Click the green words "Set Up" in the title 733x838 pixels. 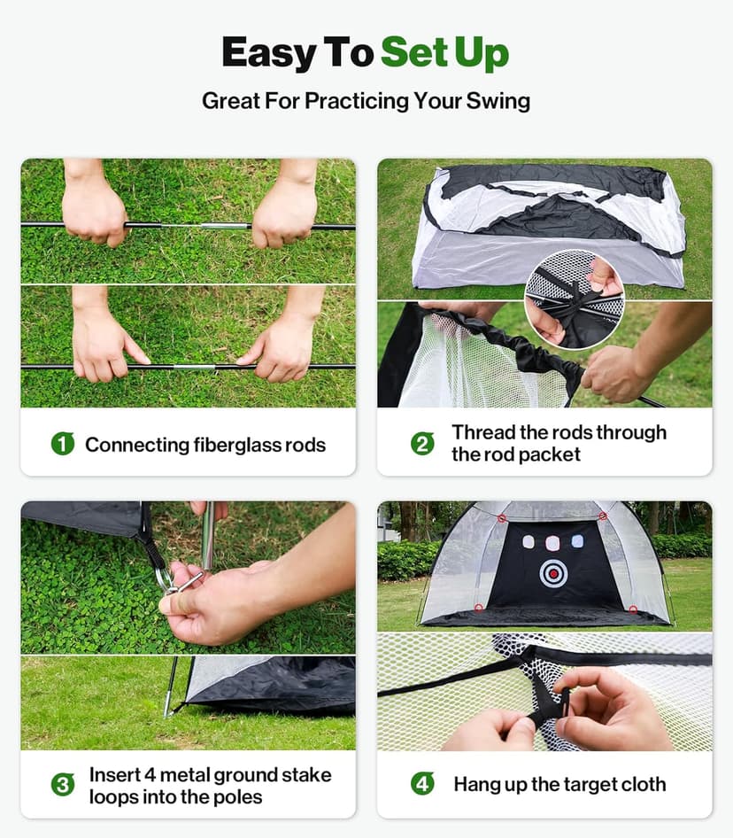point(444,53)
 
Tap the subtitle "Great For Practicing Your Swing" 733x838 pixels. point(366,100)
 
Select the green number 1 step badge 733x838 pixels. point(62,444)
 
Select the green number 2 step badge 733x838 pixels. point(423,444)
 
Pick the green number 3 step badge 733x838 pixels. point(62,785)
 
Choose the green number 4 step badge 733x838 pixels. point(423,784)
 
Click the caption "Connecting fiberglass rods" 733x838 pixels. point(205,445)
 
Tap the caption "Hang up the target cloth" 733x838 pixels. point(559,784)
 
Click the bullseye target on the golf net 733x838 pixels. point(553,573)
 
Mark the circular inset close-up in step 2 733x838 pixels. point(574,298)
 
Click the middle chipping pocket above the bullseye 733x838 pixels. point(553,541)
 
